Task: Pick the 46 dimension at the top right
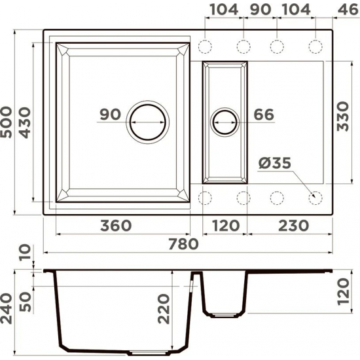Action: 346,10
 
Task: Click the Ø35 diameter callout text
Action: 274,162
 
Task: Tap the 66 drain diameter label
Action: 263,114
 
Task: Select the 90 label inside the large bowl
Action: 111,115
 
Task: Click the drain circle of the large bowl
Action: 149,122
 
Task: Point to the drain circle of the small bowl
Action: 225,122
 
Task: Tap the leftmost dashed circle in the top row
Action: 206,46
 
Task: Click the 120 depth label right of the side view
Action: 346,292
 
